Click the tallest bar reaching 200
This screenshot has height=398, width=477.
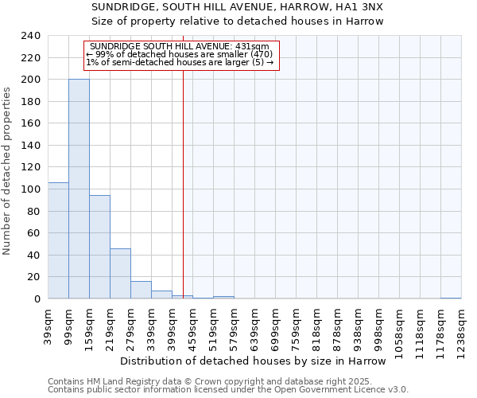click(79, 189)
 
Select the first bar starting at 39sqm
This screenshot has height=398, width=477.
click(58, 240)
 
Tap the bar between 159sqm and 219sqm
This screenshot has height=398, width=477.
click(99, 247)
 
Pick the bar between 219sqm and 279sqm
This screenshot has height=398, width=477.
click(120, 274)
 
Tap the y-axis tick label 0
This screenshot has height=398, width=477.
click(37, 298)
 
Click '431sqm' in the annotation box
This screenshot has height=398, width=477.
click(253, 46)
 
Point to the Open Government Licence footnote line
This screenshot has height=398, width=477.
click(228, 389)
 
